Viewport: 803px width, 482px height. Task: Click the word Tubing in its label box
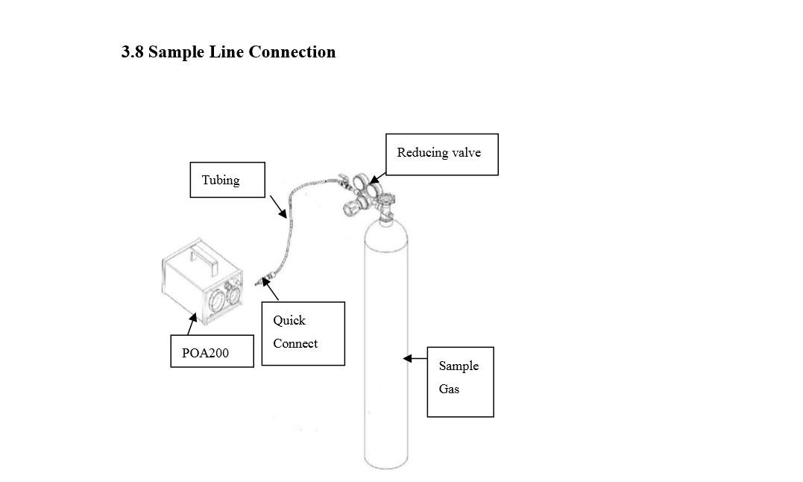point(221,181)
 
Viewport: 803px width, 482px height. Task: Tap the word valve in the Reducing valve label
point(465,153)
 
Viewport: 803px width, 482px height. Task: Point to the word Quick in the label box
point(289,320)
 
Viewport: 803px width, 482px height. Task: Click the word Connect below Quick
point(295,343)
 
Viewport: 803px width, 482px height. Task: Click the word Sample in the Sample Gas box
point(459,366)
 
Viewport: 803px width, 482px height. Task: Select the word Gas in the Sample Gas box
point(449,389)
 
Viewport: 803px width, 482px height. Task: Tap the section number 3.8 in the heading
point(133,52)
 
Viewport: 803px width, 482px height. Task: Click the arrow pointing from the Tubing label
point(277,207)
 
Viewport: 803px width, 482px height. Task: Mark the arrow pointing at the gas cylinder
point(415,359)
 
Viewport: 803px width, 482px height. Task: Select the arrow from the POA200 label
point(192,327)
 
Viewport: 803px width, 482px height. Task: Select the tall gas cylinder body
point(386,343)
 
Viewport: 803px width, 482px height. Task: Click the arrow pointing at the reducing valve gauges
point(377,178)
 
